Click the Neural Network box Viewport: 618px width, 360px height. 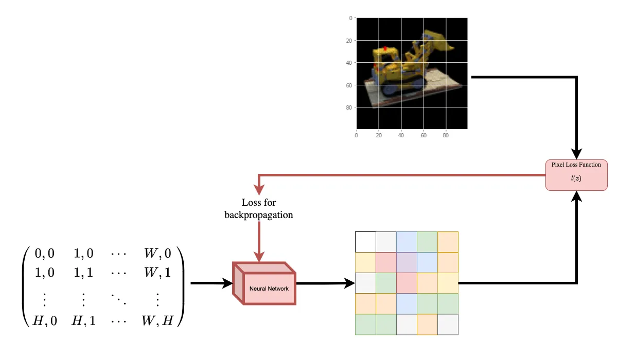pyautogui.click(x=264, y=283)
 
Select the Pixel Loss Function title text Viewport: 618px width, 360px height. pyautogui.click(x=576, y=165)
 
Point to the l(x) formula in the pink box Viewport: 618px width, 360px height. pyautogui.click(x=576, y=178)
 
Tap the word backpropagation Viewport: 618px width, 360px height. pyautogui.click(x=259, y=215)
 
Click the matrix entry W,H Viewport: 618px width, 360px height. pyautogui.click(x=157, y=320)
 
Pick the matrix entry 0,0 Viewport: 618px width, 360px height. pyautogui.click(x=44, y=254)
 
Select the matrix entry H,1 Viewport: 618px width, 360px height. pyautogui.click(x=83, y=320)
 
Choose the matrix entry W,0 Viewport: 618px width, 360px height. pyautogui.click(x=157, y=254)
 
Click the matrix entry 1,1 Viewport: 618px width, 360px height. pyautogui.click(x=83, y=273)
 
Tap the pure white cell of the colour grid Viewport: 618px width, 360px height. pyautogui.click(x=365, y=242)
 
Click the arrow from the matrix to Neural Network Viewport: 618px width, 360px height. pyautogui.click(x=211, y=283)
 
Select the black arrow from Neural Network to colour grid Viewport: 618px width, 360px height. pyautogui.click(x=326, y=283)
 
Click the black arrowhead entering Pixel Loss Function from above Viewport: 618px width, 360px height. pyautogui.click(x=576, y=154)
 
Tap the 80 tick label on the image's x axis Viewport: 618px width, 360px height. pyautogui.click(x=446, y=135)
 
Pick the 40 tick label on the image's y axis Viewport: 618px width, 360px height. pyautogui.click(x=349, y=63)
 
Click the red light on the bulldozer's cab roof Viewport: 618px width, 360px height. pyautogui.click(x=385, y=48)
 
